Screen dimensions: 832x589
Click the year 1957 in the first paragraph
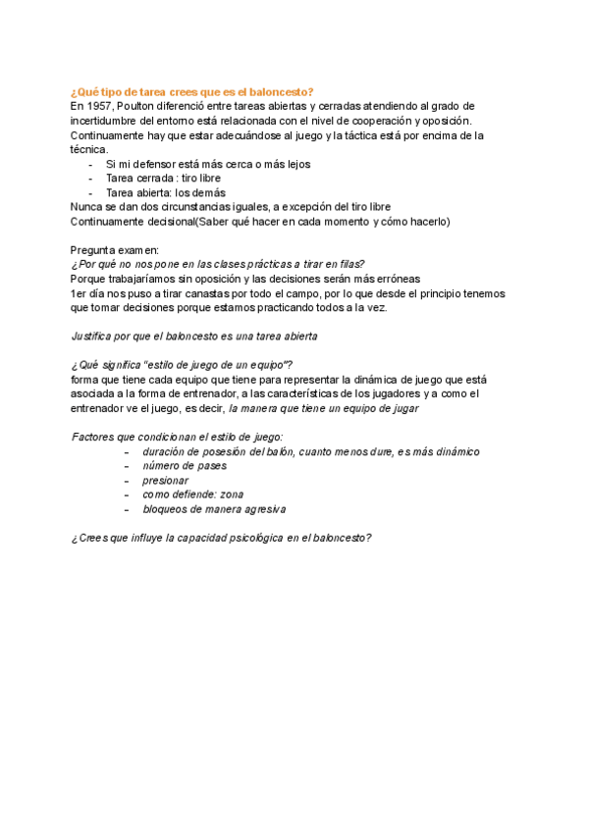[99, 106]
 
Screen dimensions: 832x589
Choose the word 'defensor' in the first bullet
[157, 165]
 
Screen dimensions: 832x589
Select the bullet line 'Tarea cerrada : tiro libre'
[163, 179]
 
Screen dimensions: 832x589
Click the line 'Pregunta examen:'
[116, 250]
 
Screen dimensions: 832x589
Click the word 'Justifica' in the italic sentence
[95, 337]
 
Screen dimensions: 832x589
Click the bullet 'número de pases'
[184, 466]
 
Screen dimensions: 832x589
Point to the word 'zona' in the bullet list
[232, 494]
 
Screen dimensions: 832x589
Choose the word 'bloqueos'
[166, 509]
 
